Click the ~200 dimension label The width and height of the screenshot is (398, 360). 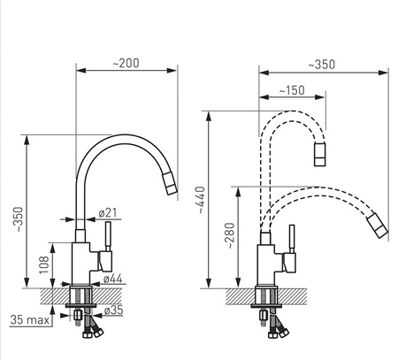point(126,63)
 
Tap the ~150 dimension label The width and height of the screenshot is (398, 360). point(292,90)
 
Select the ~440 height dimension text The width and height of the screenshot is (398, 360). point(200,200)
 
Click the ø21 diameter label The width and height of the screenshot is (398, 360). point(108,212)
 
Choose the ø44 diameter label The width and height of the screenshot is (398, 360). point(112,279)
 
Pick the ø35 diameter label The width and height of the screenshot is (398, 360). point(113,310)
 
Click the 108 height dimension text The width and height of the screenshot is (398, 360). point(44,264)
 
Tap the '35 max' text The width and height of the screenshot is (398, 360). point(29,320)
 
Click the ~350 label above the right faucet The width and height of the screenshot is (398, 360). point(322,65)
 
